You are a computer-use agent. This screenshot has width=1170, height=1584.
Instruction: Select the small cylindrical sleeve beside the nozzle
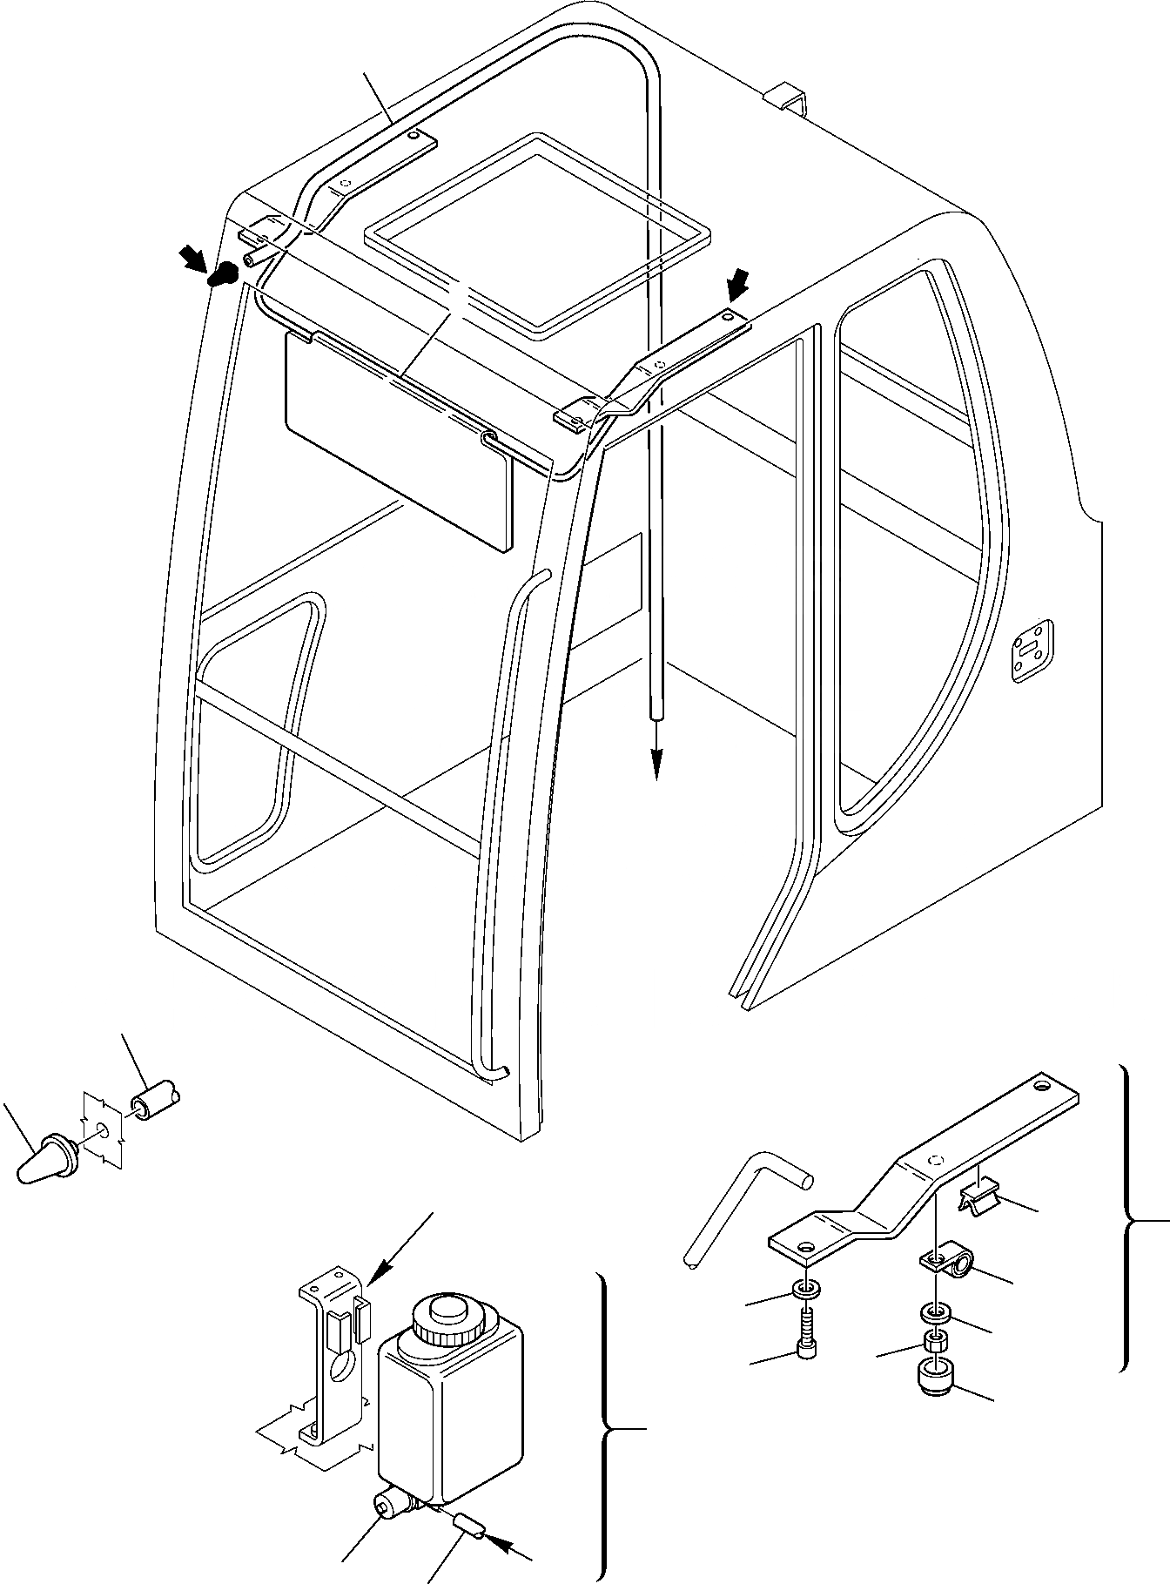point(155,1103)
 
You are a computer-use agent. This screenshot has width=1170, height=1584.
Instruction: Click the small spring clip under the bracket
point(980,1196)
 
